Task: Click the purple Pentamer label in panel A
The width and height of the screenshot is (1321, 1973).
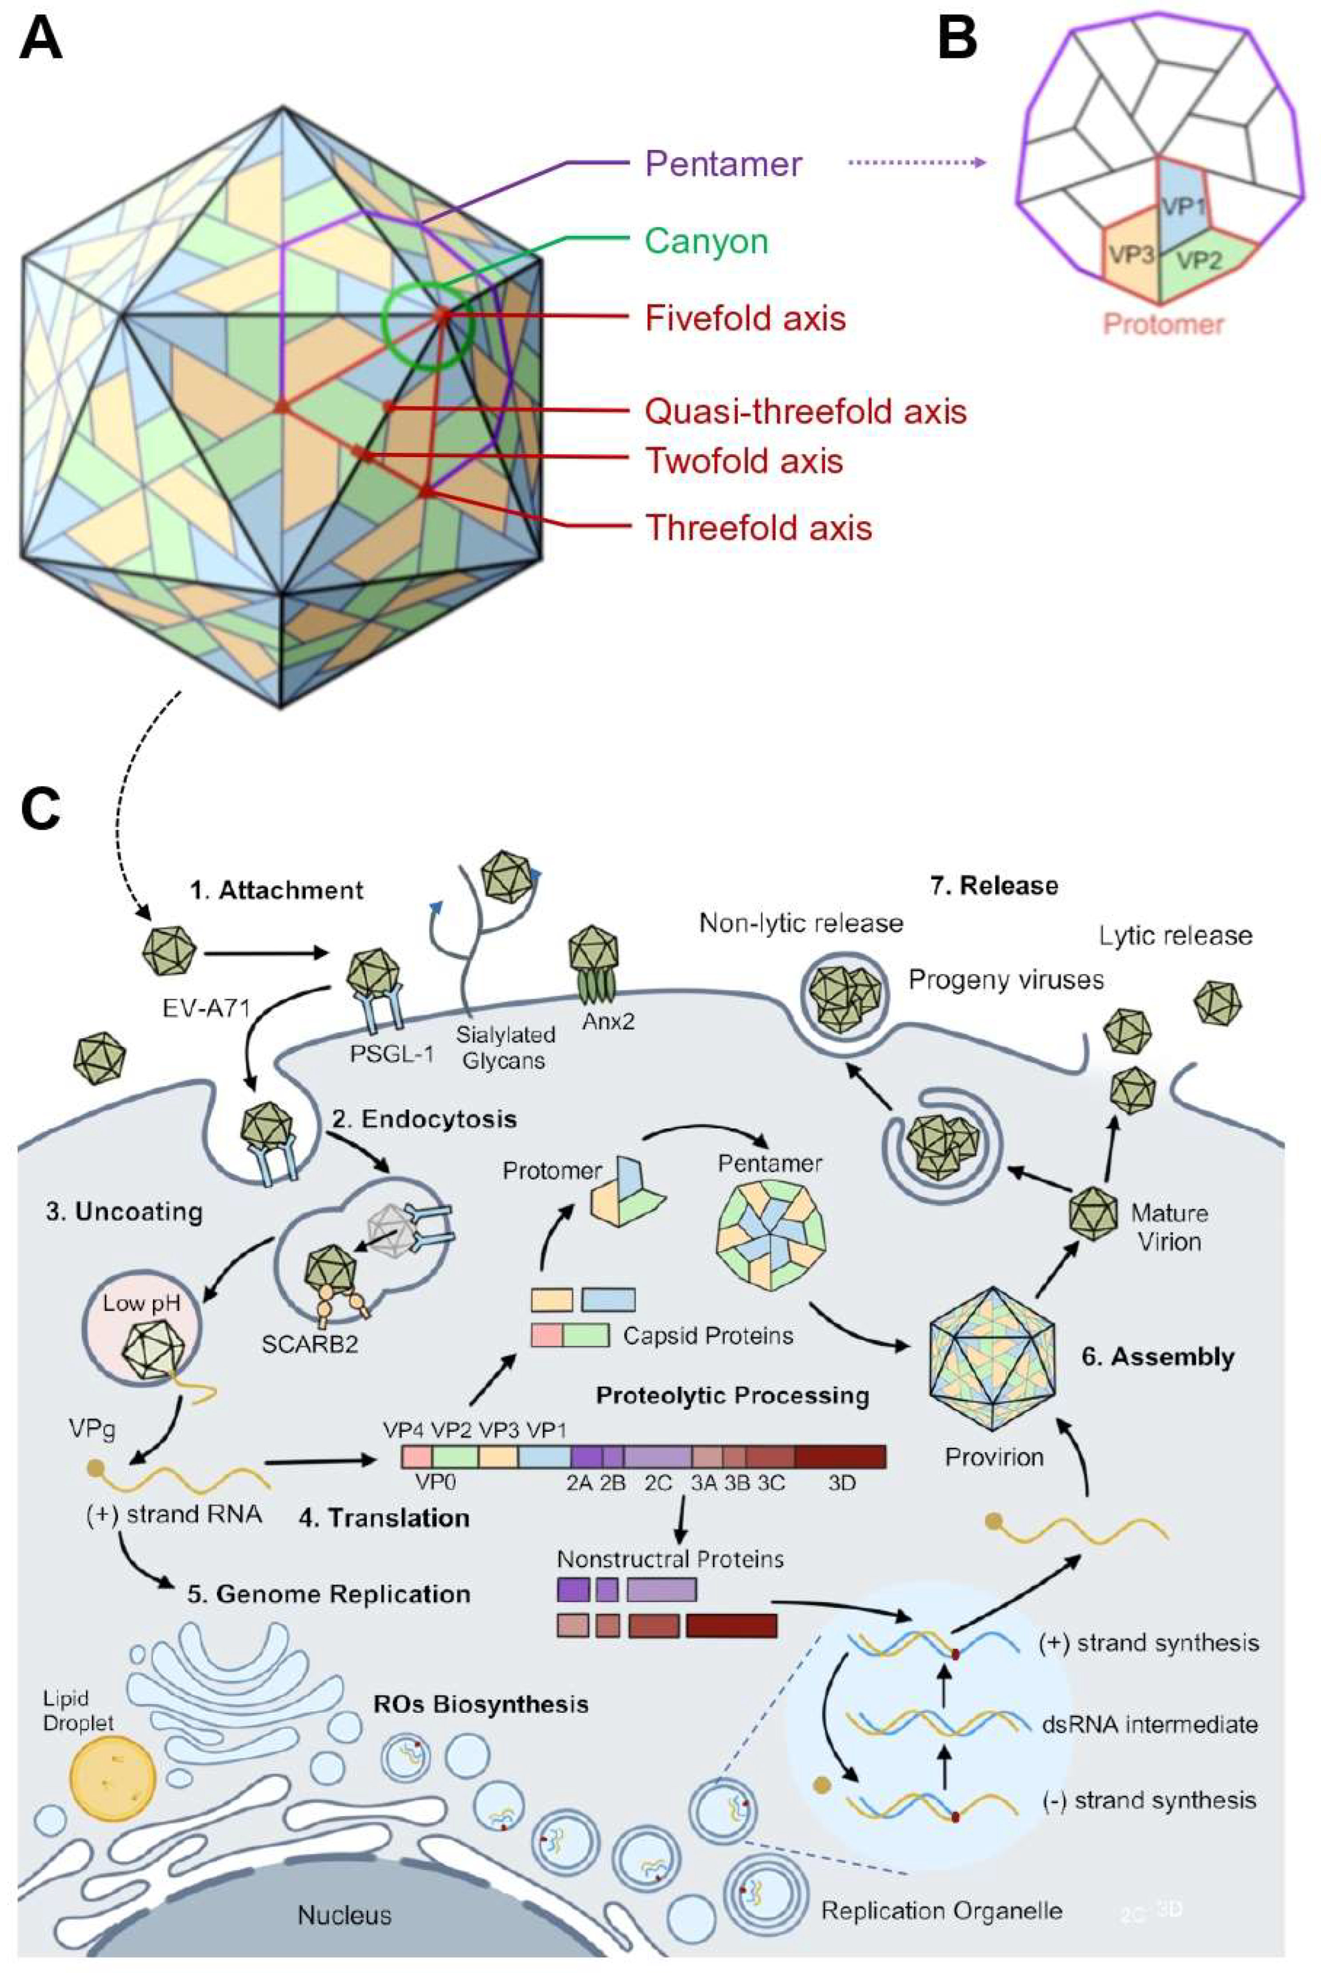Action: [x=723, y=164]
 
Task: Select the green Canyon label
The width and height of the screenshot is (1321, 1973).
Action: [x=706, y=242]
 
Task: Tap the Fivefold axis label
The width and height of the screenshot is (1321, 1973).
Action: [x=745, y=318]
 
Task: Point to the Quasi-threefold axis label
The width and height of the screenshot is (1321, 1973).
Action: [x=805, y=412]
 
